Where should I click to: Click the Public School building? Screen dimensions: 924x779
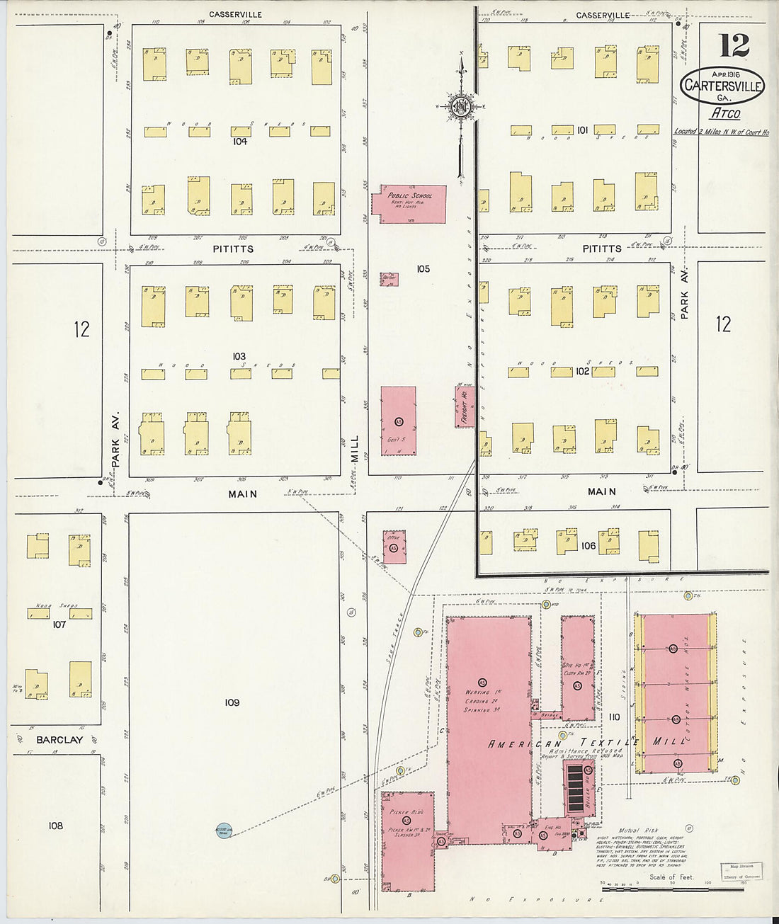pyautogui.click(x=413, y=204)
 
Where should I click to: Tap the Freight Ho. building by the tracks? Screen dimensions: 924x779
pyautogui.click(x=465, y=406)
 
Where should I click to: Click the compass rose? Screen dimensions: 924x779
pyautogui.click(x=460, y=107)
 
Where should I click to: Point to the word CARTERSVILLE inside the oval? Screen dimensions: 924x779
pyautogui.click(x=723, y=86)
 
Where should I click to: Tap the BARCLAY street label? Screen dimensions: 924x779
pyautogui.click(x=59, y=740)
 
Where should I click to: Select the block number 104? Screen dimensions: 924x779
pyautogui.click(x=239, y=142)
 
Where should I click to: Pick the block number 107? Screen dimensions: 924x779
pyautogui.click(x=59, y=624)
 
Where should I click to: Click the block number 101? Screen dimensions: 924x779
pyautogui.click(x=582, y=130)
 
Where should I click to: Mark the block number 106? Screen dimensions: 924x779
pyautogui.click(x=588, y=546)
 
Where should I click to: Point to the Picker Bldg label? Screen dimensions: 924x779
pyautogui.click(x=406, y=811)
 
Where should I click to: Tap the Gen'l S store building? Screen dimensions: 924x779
pyautogui.click(x=398, y=421)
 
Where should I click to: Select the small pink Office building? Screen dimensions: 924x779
pyautogui.click(x=394, y=543)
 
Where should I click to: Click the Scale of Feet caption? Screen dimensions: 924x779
pyautogui.click(x=670, y=877)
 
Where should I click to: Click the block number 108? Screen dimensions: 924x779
pyautogui.click(x=55, y=826)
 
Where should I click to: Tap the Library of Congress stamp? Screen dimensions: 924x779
pyautogui.click(x=741, y=872)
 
